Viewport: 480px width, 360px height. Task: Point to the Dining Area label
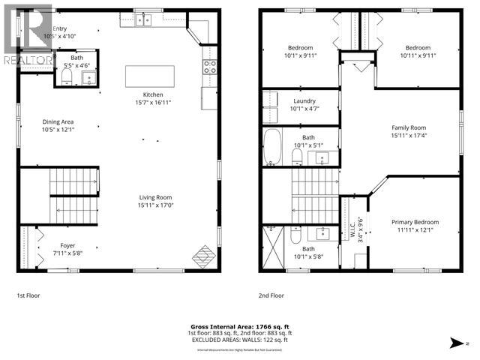[x=57, y=125]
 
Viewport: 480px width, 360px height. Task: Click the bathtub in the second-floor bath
[x=271, y=147]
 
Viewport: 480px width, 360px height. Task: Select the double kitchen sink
[x=145, y=20]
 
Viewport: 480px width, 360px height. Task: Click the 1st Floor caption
[x=28, y=296]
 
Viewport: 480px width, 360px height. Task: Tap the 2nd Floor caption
[x=271, y=296]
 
